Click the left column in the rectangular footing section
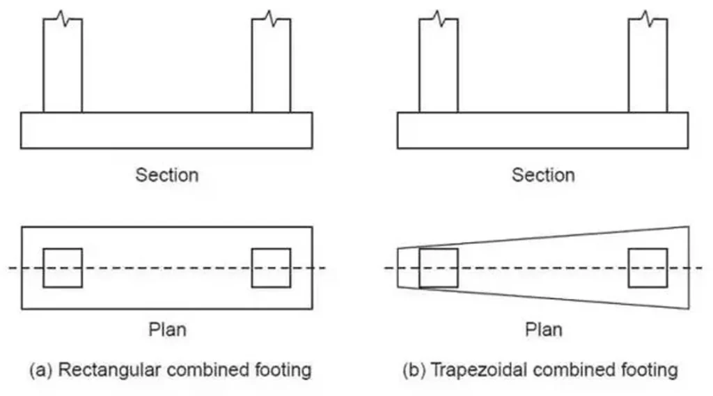(x=63, y=66)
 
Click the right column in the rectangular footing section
(x=271, y=66)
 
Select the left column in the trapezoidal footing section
(x=439, y=66)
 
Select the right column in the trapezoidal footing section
(x=648, y=66)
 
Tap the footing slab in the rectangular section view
(x=166, y=130)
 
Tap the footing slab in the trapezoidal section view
(x=542, y=130)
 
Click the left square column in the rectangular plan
(x=63, y=268)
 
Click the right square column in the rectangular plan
(x=271, y=268)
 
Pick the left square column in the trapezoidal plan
(x=439, y=268)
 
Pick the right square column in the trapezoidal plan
(x=648, y=268)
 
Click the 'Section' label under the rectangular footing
(x=167, y=174)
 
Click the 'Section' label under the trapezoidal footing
(x=543, y=174)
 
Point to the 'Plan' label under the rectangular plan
(x=167, y=328)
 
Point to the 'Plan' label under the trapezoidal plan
(x=543, y=328)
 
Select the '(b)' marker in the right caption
(x=415, y=370)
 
